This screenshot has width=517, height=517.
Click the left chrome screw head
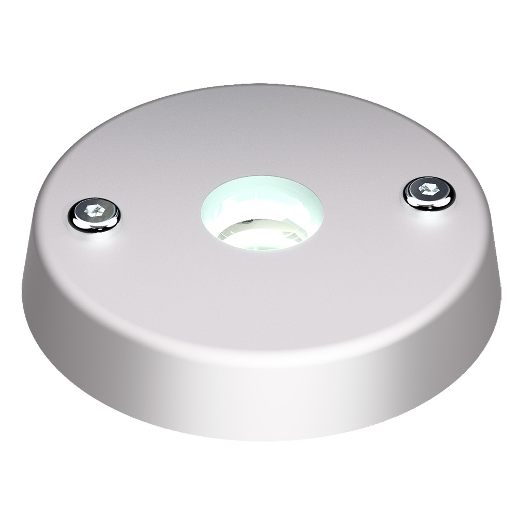(94, 214)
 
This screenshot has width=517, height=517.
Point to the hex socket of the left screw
(94, 211)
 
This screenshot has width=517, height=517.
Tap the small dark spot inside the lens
(250, 222)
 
